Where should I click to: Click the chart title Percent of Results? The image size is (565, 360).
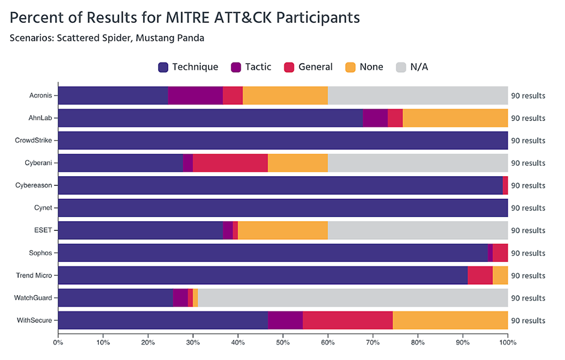coord(185,17)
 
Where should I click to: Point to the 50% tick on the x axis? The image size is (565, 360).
coord(282,343)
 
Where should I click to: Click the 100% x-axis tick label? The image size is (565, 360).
coord(507,343)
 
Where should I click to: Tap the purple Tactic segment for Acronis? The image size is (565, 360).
coord(195,96)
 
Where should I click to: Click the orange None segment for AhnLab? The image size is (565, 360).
coord(455,118)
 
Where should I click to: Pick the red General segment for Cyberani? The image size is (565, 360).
coord(230,163)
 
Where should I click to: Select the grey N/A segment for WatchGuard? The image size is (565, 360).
coord(353,298)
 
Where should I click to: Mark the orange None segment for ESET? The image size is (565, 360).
coord(282,230)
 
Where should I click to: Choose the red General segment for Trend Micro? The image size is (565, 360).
coord(480,275)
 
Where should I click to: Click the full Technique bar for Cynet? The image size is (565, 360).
coord(282,208)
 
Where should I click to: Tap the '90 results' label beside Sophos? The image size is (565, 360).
coord(528,253)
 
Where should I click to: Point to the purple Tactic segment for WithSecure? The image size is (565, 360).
coord(285,320)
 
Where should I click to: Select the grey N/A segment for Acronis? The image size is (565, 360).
coord(418,96)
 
